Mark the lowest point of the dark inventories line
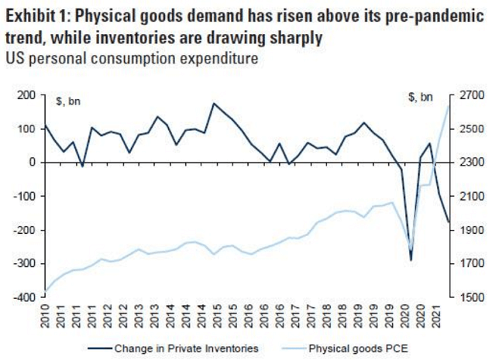click(411, 261)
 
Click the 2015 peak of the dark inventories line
click(214, 104)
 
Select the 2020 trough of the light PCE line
click(411, 249)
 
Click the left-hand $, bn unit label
click(70, 99)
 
